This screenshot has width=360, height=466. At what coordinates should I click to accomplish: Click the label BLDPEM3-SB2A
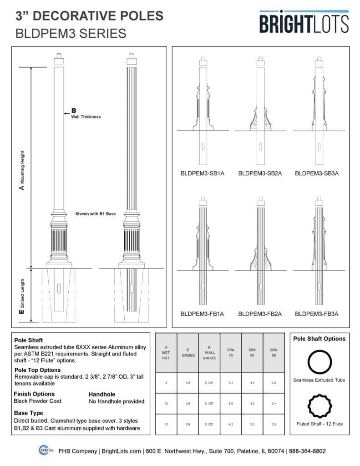tap(259, 173)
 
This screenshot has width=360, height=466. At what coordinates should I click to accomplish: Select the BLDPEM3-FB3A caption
tap(316, 314)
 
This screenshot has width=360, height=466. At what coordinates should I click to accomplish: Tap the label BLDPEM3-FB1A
tap(203, 314)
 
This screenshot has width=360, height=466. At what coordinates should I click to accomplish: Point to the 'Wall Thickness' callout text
tap(86, 117)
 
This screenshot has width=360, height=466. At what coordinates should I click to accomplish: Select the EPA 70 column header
tap(231, 352)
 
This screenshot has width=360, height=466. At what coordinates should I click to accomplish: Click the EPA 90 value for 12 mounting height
tap(273, 424)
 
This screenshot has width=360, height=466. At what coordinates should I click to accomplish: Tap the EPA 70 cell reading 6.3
tap(231, 383)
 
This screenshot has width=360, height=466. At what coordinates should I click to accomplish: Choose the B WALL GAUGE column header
tap(209, 352)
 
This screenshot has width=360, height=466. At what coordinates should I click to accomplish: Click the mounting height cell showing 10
tap(166, 403)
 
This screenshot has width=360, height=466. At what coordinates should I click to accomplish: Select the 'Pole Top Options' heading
tap(37, 370)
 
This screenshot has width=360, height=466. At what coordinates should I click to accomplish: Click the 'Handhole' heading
tap(101, 394)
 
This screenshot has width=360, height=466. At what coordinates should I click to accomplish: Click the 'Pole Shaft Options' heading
tap(319, 339)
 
